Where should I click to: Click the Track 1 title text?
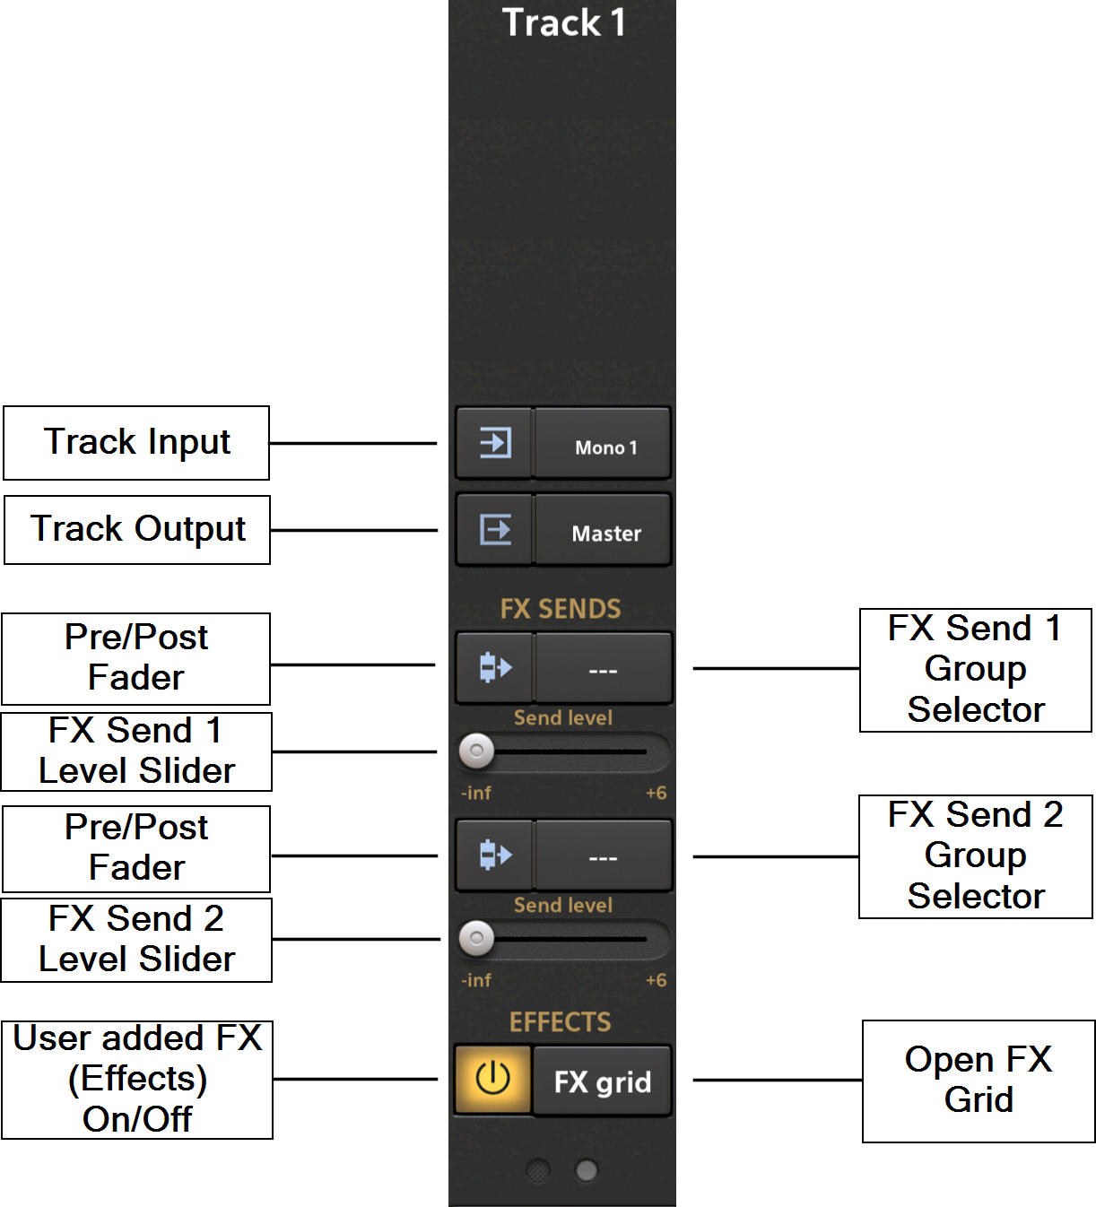[563, 23]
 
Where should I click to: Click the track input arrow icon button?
[495, 443]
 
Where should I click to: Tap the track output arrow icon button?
[495, 530]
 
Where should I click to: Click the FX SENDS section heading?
[561, 609]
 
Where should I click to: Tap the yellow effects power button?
[492, 1079]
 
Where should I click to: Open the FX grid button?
[603, 1081]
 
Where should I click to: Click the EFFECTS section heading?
[561, 1022]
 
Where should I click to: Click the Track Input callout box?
[136, 443]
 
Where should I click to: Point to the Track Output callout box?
[137, 529]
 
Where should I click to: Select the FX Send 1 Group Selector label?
[976, 669]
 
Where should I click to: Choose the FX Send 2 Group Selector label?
[976, 855]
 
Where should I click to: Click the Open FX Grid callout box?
[979, 1080]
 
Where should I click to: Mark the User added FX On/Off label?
[137, 1079]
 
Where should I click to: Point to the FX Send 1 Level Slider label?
[136, 751]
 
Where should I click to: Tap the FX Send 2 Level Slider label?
[136, 939]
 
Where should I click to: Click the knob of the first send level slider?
[476, 751]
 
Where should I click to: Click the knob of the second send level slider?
[476, 939]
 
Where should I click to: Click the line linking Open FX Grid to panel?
[777, 1080]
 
